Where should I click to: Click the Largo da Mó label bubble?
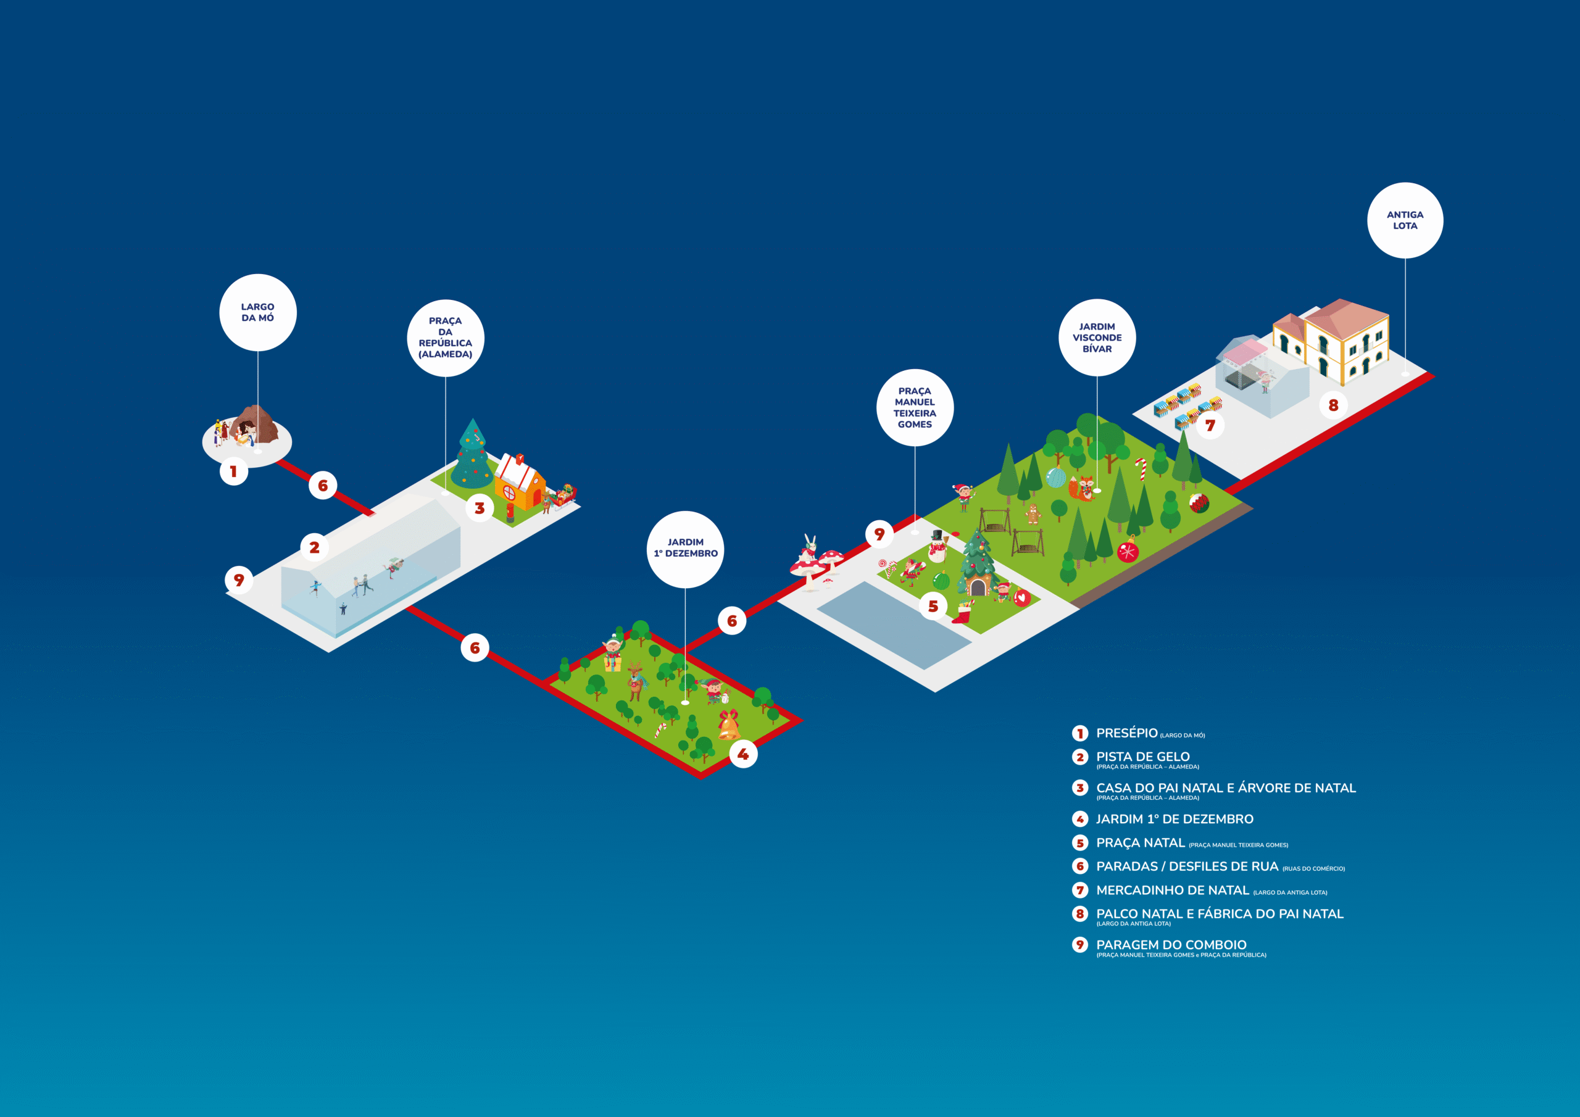pyautogui.click(x=257, y=312)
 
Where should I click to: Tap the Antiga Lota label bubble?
pyautogui.click(x=1405, y=220)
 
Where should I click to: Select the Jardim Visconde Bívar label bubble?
pyautogui.click(x=1097, y=337)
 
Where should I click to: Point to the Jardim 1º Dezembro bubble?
pyautogui.click(x=686, y=549)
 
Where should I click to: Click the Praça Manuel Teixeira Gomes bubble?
pyautogui.click(x=915, y=407)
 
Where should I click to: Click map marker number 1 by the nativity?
pyautogui.click(x=234, y=471)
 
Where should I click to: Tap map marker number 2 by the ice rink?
pyautogui.click(x=315, y=547)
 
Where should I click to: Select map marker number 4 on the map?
pyautogui.click(x=743, y=754)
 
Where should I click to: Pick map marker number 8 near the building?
pyautogui.click(x=1333, y=405)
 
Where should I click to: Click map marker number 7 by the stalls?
pyautogui.click(x=1210, y=425)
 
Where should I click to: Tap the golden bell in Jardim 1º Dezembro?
pyautogui.click(x=729, y=725)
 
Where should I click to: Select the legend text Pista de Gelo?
pyautogui.click(x=1142, y=757)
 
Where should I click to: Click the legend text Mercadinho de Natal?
pyautogui.click(x=1172, y=890)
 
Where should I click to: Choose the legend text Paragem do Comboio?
pyautogui.click(x=1171, y=945)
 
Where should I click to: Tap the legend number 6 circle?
pyautogui.click(x=1079, y=866)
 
